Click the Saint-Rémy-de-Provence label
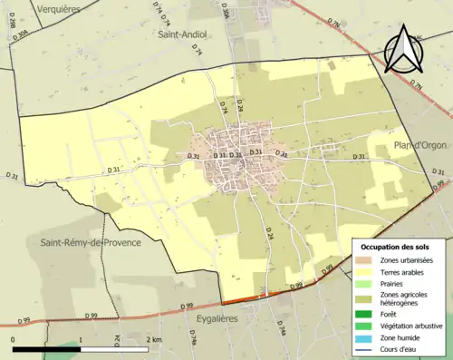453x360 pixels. (x=82, y=242)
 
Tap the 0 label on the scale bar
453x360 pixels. (x=13, y=339)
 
